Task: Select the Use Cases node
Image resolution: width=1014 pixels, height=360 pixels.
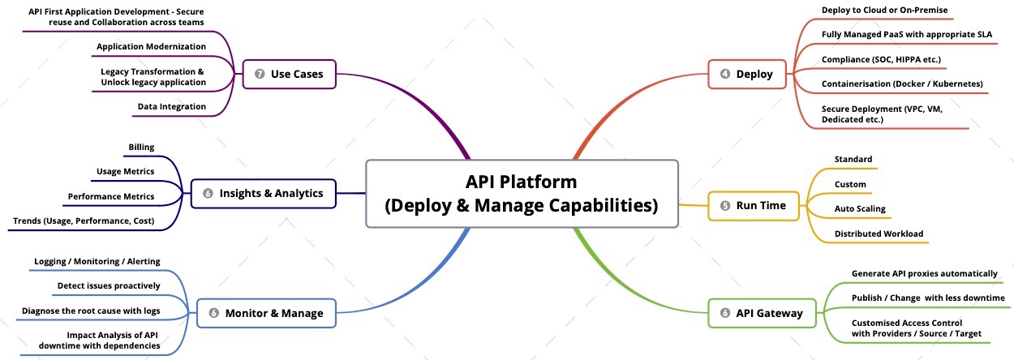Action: tap(289, 75)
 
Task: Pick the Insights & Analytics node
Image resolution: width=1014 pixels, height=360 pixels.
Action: tap(263, 193)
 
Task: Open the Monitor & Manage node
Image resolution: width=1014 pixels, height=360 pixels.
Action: tap(266, 313)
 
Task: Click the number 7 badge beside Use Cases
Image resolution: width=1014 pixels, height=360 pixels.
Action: tap(260, 75)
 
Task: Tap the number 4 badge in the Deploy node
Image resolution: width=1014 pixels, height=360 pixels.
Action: tap(724, 75)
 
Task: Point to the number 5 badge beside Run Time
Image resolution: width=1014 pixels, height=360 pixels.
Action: tap(724, 206)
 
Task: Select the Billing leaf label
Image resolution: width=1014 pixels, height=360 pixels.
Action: tap(141, 147)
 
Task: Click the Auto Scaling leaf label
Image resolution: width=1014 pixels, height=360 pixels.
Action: tap(860, 208)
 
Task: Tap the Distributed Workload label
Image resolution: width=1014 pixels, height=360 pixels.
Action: tap(879, 234)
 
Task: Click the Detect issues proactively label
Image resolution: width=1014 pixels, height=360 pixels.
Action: tap(109, 285)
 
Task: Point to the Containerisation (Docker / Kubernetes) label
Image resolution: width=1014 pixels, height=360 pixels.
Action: tap(902, 84)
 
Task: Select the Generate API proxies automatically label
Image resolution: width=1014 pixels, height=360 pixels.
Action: tap(924, 273)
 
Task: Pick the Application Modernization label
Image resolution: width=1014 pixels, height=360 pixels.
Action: tap(151, 46)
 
